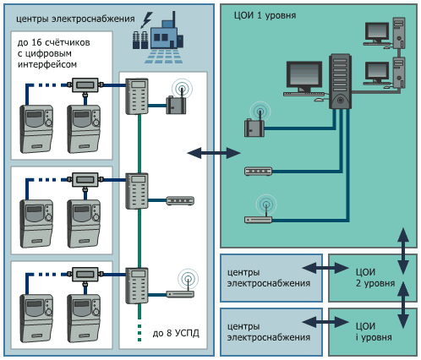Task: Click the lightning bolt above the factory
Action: tap(146, 19)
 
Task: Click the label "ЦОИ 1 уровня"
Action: tap(265, 15)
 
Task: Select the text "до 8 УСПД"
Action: tap(176, 333)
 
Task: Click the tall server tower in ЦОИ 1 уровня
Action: tap(340, 82)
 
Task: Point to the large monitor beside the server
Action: tap(304, 77)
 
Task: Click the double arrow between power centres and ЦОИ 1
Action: tap(214, 153)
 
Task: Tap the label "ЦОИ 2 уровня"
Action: tap(375, 278)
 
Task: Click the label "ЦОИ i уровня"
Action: tap(374, 332)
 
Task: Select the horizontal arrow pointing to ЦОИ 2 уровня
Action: tap(325, 268)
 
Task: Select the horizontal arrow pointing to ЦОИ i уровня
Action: tap(325, 322)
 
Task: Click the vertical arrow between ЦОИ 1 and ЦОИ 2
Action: tap(403, 251)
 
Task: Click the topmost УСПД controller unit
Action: tap(137, 96)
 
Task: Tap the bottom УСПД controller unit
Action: tap(137, 286)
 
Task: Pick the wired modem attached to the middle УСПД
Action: tap(180, 200)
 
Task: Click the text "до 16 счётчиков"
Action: tap(53, 42)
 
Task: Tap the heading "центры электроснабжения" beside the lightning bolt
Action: tap(75, 19)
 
